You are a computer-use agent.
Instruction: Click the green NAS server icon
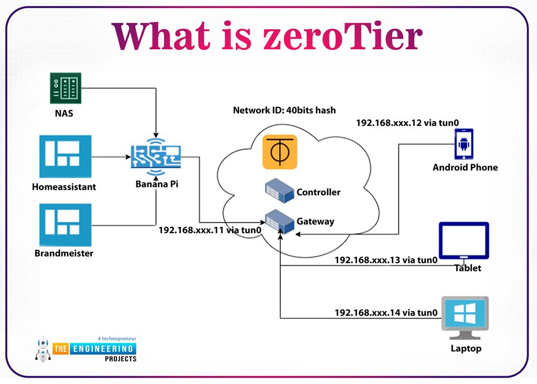[x=65, y=88]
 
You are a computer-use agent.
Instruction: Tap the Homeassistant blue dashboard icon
[x=65, y=156]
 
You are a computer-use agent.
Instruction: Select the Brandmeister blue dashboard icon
[x=65, y=224]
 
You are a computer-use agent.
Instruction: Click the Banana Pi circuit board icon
[x=156, y=157]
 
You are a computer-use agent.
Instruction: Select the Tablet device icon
[x=464, y=242]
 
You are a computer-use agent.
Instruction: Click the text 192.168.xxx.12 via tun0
[x=407, y=123]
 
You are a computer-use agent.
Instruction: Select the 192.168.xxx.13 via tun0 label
[x=386, y=260]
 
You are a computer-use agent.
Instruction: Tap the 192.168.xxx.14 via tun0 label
[x=386, y=313]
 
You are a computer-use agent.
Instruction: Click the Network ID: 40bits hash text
[x=284, y=111]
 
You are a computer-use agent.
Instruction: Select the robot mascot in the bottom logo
[x=42, y=349]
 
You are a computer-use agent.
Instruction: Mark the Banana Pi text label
[x=156, y=184]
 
